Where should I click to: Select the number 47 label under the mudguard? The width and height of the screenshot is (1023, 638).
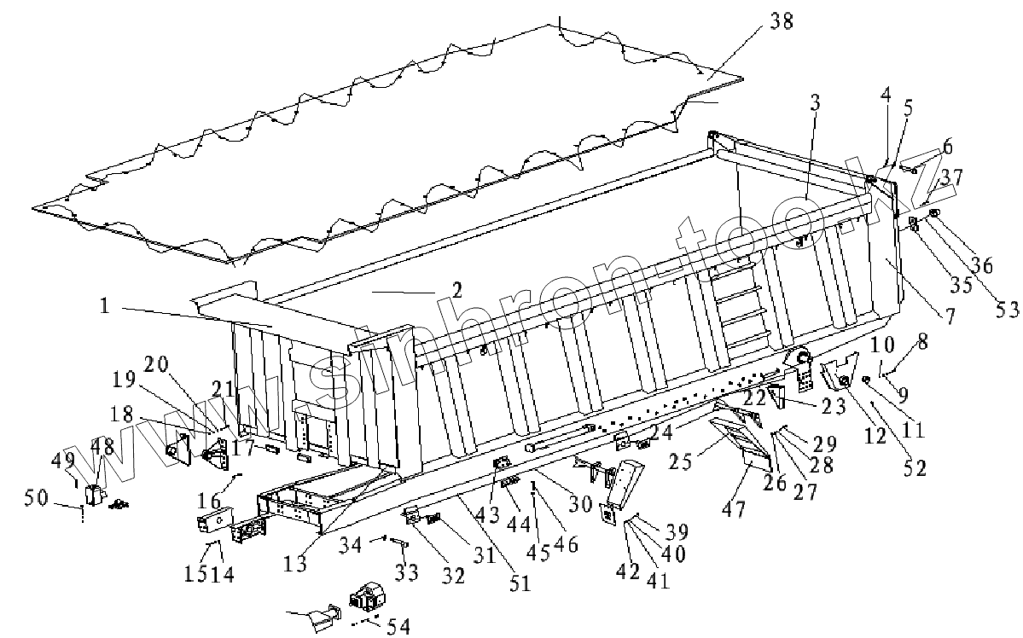point(734,510)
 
